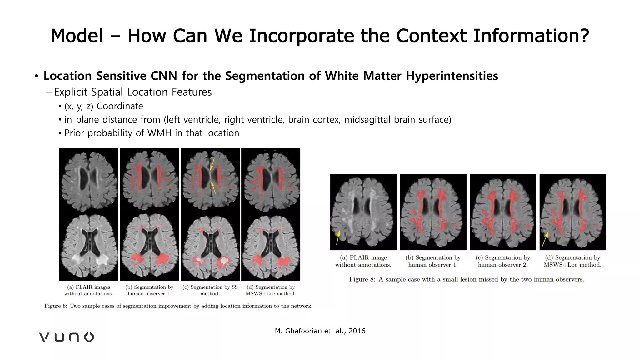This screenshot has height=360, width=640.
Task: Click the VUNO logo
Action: click(67, 337)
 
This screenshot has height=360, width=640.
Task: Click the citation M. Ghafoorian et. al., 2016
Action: click(320, 331)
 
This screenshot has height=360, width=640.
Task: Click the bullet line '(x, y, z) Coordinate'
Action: click(103, 106)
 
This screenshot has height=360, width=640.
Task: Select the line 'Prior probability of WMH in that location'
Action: click(152, 133)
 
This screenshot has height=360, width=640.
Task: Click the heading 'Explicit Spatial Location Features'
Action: click(133, 92)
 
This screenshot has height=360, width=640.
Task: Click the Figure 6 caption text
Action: click(178, 306)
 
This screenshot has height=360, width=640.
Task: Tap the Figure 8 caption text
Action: click(467, 279)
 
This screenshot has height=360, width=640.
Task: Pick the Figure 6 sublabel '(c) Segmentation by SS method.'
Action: click(210, 290)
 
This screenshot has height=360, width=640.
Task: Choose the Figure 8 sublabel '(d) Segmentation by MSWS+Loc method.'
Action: click(572, 261)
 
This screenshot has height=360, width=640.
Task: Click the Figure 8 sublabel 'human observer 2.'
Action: click(503, 265)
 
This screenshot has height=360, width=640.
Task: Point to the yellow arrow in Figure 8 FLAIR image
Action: click(338, 238)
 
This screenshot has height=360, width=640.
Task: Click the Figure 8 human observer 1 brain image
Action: click(433, 212)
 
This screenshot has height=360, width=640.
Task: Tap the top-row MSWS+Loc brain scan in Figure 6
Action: click(271, 181)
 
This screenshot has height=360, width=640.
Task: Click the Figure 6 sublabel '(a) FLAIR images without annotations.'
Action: click(89, 290)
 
